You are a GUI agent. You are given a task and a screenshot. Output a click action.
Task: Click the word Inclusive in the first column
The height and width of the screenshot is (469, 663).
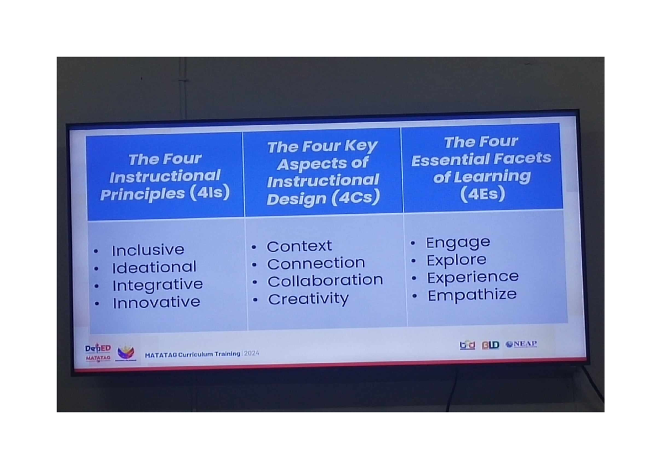point(148,250)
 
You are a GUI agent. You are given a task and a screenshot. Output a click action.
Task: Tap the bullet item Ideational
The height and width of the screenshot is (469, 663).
point(154,267)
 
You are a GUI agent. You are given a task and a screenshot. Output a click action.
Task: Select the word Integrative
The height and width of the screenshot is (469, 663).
point(157,285)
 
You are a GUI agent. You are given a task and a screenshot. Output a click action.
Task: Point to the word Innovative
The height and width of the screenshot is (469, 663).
point(156,303)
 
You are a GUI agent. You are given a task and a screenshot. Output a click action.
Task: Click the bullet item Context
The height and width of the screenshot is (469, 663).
point(299,246)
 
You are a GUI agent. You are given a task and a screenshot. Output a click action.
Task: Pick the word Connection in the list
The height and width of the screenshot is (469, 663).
point(316,264)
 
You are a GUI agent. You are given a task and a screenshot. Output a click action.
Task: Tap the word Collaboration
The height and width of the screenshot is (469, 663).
point(325,281)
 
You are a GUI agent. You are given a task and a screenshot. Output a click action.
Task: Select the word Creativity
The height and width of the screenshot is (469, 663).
point(308,299)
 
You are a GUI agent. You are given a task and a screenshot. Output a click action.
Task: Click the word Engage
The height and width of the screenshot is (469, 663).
point(458,242)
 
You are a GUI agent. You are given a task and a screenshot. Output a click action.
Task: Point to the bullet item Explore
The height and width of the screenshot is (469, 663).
point(456,260)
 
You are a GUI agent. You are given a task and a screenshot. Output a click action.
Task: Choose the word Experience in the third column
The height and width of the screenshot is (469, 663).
point(473,277)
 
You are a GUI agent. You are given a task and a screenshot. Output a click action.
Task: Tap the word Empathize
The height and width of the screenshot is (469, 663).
point(472,294)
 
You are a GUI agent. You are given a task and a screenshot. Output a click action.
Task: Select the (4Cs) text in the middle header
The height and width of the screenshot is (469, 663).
point(356,197)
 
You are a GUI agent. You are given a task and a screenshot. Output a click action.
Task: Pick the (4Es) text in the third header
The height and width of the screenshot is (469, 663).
point(482,194)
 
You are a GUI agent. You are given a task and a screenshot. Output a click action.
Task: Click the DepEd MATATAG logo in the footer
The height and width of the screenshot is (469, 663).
point(98,352)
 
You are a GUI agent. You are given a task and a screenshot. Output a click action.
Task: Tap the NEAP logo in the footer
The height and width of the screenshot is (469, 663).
point(521,344)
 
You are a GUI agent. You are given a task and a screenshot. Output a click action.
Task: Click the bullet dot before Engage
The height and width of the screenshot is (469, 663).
point(413,243)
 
